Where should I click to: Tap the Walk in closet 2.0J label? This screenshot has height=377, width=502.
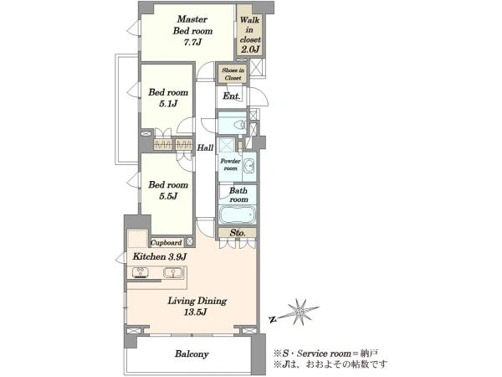pos(250,34)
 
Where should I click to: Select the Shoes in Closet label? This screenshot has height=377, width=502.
pos(233,74)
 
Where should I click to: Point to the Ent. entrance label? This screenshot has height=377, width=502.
pos(231,96)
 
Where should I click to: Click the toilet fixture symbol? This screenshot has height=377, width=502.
pos(240,124)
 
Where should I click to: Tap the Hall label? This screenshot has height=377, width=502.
pos(205,147)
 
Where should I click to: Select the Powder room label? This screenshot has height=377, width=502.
pos(230,164)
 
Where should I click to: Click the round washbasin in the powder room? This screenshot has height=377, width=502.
pos(249,167)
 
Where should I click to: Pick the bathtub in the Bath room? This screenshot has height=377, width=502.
pos(238,214)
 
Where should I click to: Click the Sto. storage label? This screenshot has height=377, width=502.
pos(238,233)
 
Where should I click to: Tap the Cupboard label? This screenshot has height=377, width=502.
pos(166,243)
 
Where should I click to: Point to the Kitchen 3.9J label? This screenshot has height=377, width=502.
pos(160,256)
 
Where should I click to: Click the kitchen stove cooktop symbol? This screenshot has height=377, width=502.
pos(141,273)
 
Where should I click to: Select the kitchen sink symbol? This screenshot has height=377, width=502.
pos(173,273)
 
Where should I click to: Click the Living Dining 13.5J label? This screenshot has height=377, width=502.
pos(197,306)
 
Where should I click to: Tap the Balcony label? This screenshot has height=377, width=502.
pos(192,354)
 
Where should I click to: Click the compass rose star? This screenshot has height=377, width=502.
pos(300,312)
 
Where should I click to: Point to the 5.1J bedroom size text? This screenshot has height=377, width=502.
pos(168,104)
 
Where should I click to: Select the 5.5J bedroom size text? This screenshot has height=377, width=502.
pos(168,196)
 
